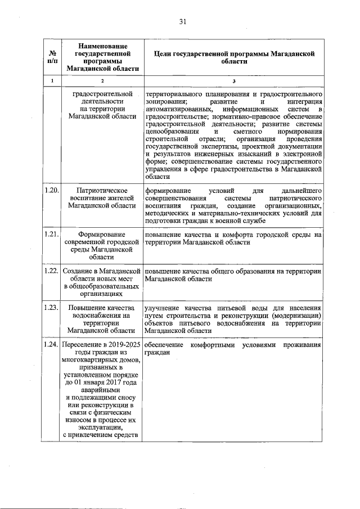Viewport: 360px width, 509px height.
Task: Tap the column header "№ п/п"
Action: coord(52,56)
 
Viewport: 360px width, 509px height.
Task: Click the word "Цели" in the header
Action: coord(165,53)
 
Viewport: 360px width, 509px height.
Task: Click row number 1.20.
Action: coord(52,191)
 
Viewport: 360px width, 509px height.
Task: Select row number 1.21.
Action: coord(52,233)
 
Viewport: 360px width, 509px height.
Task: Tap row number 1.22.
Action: coord(52,272)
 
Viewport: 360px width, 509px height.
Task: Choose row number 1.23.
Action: coord(52,308)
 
